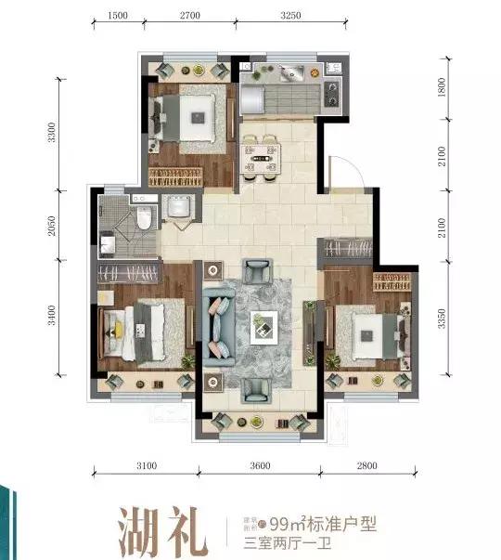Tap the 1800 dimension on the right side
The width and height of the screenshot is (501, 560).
coord(444,88)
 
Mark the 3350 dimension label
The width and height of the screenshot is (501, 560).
coord(444,317)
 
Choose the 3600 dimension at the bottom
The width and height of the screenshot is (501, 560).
coord(259,464)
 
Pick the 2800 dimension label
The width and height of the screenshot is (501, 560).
coord(375,464)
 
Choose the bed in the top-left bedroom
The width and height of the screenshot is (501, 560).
coord(189,115)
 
